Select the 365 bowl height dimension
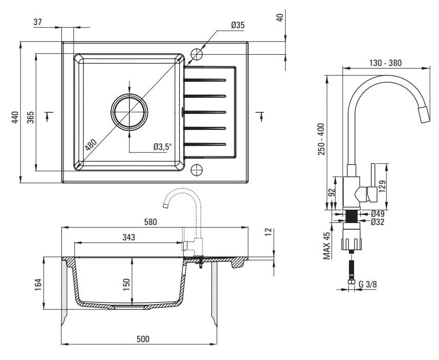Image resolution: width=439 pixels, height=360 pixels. [30, 117]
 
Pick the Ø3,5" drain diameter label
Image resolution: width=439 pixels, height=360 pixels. [162, 147]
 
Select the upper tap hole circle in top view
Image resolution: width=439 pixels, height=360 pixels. [196, 54]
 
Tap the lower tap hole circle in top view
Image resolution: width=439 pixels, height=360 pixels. [196, 169]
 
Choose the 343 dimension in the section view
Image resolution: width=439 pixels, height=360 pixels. [128, 237]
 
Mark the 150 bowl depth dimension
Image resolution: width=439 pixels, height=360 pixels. [127, 282]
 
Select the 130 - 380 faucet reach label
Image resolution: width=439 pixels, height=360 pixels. [385, 63]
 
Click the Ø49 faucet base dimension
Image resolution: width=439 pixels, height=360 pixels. [378, 214]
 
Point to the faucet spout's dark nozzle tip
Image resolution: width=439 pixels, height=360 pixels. [424, 115]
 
